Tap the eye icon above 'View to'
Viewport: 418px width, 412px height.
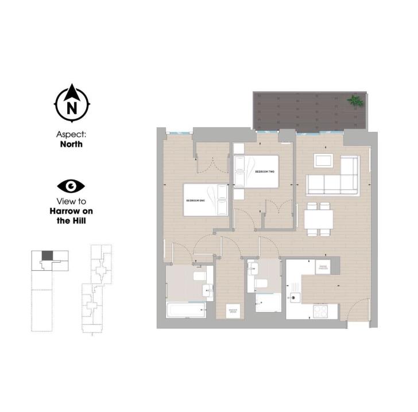[x=71, y=186]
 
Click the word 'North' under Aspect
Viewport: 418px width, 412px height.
[x=71, y=144]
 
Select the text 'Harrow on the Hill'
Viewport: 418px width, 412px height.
[x=71, y=216]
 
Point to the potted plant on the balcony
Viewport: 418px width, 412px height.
[x=355, y=101]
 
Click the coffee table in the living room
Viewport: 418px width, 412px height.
[x=323, y=160]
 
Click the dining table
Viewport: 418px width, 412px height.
[x=319, y=219]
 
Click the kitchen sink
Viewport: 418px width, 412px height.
[x=296, y=297]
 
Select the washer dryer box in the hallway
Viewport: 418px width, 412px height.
[x=233, y=310]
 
